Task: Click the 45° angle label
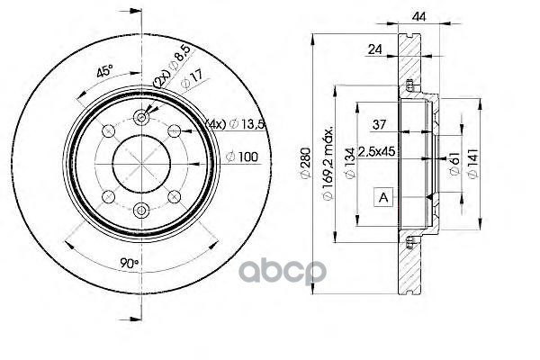104,72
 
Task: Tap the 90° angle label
129,264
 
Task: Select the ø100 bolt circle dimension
242,157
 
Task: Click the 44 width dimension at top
418,16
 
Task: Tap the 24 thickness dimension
375,49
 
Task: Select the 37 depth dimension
379,124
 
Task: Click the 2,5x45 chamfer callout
376,151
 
